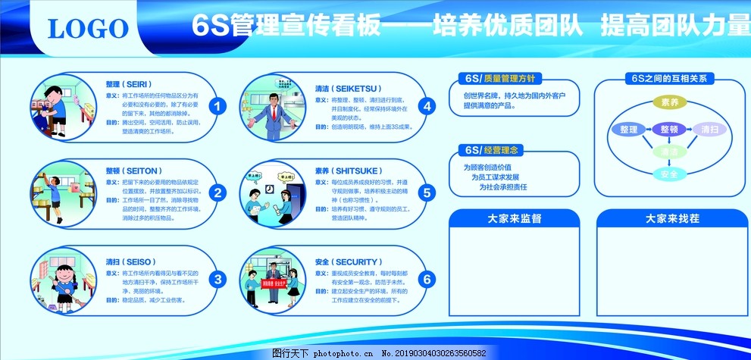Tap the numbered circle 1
217,107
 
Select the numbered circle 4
427,107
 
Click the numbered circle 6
427,280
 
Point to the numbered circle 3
217,280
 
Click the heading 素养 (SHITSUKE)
348,171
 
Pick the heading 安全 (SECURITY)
349,261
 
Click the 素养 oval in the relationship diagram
669,102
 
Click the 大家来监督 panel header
514,218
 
